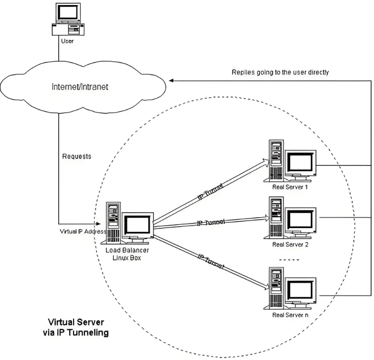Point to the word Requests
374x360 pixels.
pos(77,156)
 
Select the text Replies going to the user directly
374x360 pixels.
pos(280,72)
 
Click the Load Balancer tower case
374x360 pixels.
pos(114,222)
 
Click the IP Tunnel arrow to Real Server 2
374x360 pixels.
pos(211,221)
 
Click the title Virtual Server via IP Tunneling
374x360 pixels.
pos(78,327)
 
